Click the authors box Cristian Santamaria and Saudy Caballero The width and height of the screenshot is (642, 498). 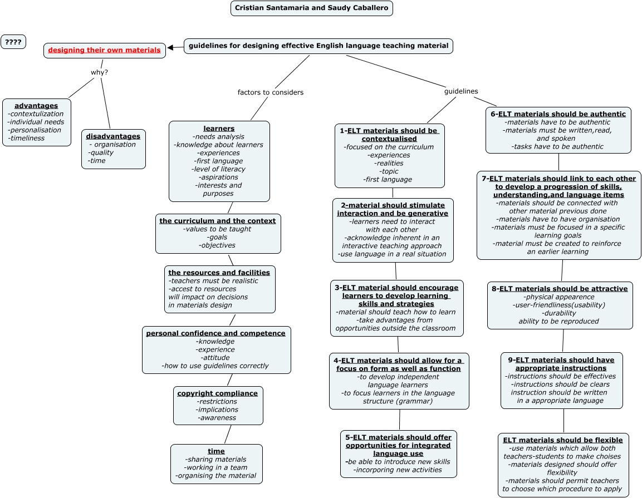tap(311, 8)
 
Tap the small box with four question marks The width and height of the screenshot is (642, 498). tap(13, 42)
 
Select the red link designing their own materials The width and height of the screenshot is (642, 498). tap(104, 50)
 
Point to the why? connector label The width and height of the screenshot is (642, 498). tap(99, 72)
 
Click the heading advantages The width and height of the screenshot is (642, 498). tap(36, 106)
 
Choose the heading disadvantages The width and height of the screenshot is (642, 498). tap(113, 136)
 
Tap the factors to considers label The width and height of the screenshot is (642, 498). tap(270, 92)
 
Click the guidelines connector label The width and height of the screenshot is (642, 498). tap(460, 91)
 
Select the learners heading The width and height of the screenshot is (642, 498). tap(219, 129)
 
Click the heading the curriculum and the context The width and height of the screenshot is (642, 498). tap(218, 221)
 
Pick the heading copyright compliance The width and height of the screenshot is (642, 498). tap(218, 393)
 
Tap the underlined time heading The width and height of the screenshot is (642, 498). tap(216, 451)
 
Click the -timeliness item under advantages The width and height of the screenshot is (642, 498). tap(26, 138)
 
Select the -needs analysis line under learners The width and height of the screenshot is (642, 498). tap(218, 137)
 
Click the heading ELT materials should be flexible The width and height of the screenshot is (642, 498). tap(563, 440)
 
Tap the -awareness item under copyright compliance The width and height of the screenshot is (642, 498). tap(217, 418)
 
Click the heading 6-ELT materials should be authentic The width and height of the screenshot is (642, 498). tap(558, 114)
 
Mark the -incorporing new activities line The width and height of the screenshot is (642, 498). tap(398, 470)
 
